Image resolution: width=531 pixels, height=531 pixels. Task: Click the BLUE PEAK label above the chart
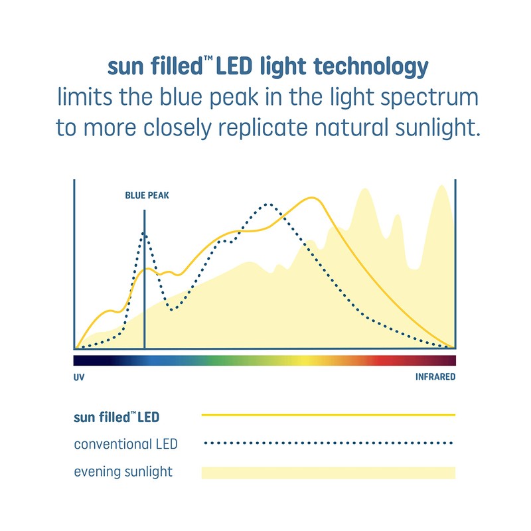coord(147,196)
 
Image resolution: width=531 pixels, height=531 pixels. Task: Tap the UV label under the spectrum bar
coord(79,377)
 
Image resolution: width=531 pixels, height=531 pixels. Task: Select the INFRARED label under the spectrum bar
coord(435,377)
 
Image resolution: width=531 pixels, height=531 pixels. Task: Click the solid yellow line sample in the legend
coord(328,415)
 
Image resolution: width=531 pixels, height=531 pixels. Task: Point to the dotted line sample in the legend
coord(328,443)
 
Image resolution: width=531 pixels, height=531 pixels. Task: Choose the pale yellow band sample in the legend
coord(328,473)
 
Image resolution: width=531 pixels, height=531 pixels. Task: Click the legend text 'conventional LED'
coord(125,443)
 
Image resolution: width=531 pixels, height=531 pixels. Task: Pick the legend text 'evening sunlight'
coord(123,472)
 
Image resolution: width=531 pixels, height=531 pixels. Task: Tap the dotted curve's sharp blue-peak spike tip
coord(144,232)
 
